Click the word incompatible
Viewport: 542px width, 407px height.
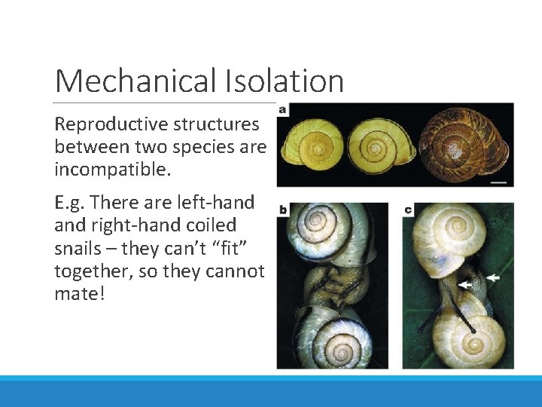click(112, 170)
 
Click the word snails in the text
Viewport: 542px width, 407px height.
click(79, 247)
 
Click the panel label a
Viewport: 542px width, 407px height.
click(283, 110)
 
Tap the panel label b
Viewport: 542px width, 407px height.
click(283, 209)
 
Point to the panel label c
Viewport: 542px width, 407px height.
click(408, 209)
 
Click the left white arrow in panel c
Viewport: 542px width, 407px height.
click(467, 284)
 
